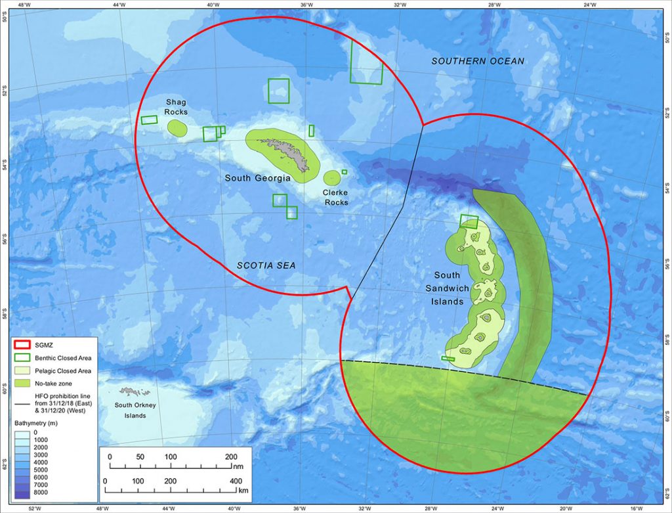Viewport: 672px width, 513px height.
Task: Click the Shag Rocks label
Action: [176, 107]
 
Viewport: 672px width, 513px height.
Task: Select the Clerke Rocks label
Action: [335, 198]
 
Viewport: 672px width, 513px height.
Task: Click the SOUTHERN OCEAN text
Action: [478, 61]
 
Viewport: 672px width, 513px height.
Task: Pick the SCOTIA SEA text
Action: [266, 265]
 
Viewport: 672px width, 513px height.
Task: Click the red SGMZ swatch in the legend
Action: [24, 346]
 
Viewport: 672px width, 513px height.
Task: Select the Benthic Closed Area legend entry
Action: [62, 358]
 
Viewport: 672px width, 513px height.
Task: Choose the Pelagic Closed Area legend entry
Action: [62, 370]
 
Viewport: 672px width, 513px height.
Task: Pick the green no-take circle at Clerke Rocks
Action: [332, 177]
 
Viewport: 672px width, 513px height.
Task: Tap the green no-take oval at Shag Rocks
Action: [177, 127]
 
